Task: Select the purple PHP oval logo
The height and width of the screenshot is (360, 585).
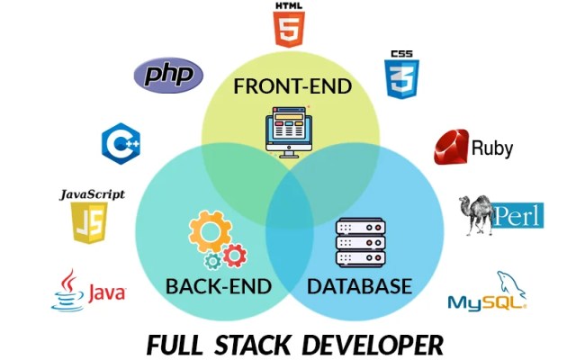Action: click(x=168, y=74)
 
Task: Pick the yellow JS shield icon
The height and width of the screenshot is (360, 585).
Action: click(x=89, y=222)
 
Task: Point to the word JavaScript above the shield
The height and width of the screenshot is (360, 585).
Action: click(x=92, y=193)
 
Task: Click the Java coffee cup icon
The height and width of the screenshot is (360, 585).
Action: click(x=67, y=291)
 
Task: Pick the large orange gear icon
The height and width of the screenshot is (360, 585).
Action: click(x=209, y=231)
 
